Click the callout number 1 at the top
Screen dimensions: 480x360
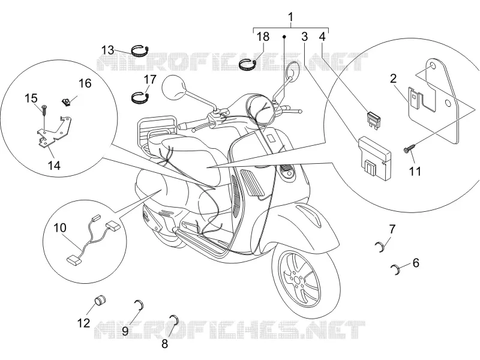(291, 17)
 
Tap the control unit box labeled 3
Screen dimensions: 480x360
(374, 157)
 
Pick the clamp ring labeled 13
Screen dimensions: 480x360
(140, 50)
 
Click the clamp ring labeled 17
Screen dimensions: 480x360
(140, 97)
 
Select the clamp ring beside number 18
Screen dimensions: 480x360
(248, 65)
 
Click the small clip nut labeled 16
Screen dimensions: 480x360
(66, 102)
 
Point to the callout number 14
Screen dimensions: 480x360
(54, 166)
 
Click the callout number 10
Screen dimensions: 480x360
(59, 228)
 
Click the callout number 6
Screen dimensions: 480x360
(416, 263)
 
